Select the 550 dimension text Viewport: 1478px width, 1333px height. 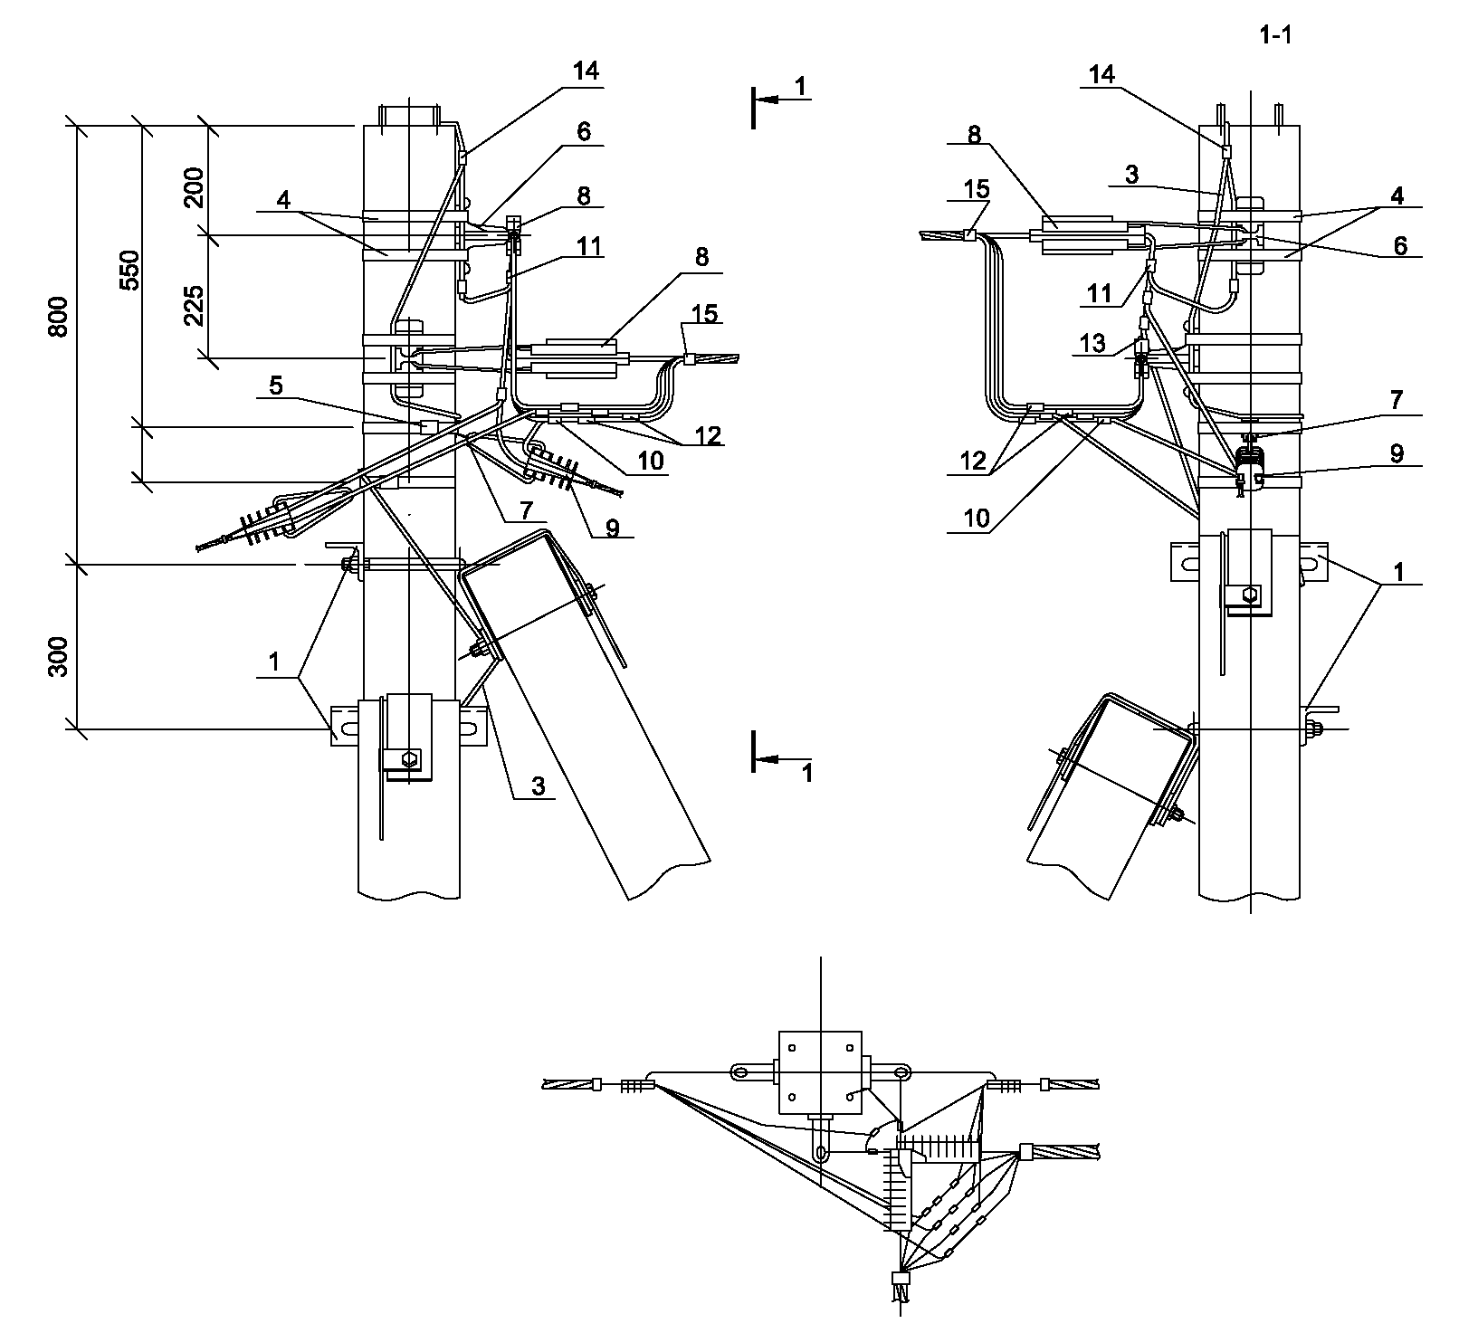[130, 270]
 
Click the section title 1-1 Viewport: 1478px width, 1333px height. [1275, 36]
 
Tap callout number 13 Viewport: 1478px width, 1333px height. [1093, 343]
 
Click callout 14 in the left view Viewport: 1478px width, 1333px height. [586, 71]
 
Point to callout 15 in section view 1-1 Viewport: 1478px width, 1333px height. [977, 191]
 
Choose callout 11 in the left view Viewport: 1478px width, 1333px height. [590, 245]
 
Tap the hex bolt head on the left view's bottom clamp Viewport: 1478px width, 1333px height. [410, 758]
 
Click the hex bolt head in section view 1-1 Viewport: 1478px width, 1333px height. [1250, 595]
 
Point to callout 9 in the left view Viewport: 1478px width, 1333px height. [614, 527]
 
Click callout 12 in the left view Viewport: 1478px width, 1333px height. [708, 435]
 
